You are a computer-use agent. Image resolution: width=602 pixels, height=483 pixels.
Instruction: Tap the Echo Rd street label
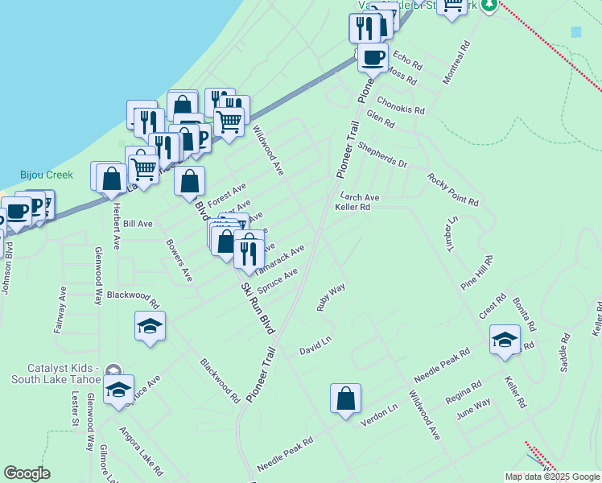pos(408,62)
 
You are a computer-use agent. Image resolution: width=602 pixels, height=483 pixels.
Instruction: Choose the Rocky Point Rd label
pos(453,189)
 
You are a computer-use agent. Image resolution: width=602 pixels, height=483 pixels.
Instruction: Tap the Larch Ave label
pos(359,196)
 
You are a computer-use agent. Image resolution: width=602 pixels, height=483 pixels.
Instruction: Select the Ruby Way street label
pos(330,296)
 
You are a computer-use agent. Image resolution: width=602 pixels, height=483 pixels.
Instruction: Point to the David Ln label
pos(315,346)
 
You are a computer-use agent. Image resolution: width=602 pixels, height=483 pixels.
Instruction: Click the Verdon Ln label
pos(379,409)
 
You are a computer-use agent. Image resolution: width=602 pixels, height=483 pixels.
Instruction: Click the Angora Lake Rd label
pos(141,451)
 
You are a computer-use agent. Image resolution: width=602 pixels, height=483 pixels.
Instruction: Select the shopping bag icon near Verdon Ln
pos(345,398)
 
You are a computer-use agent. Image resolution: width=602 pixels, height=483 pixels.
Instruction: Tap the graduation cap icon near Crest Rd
pos(505,339)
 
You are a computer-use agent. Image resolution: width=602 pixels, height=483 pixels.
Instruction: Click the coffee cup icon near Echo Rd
pos(373,57)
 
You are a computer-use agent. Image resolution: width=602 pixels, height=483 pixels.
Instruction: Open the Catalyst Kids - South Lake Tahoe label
pos(54,373)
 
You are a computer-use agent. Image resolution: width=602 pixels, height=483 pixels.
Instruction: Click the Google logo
pos(27,473)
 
